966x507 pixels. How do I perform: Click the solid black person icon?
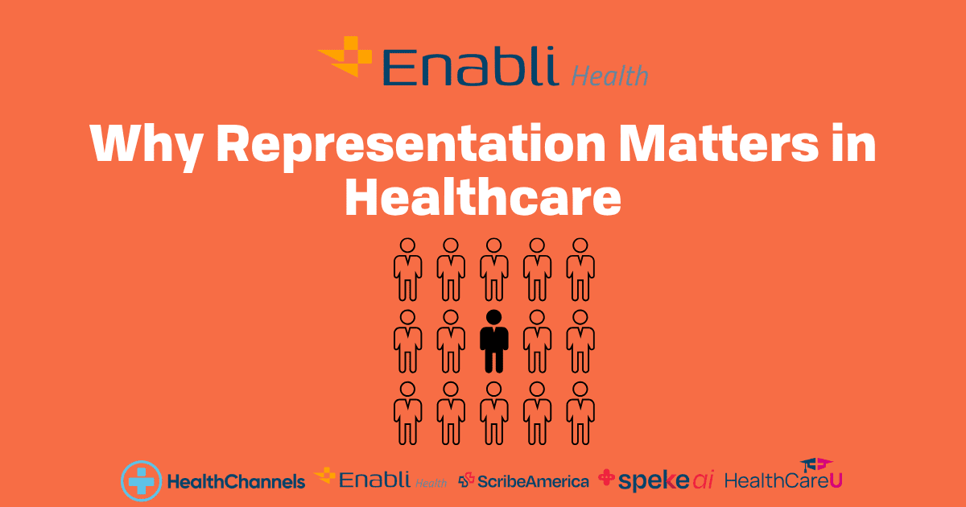point(493,341)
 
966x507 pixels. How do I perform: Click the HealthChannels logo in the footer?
point(213,481)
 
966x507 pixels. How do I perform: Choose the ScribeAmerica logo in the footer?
point(523,481)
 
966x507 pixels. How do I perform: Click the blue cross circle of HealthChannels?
point(141,481)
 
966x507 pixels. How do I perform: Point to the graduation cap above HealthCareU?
point(816,464)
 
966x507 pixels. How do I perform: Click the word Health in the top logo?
point(609,76)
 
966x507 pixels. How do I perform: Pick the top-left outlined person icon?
point(407,270)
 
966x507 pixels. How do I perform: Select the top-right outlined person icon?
point(580,270)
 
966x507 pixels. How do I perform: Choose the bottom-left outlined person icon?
point(407,413)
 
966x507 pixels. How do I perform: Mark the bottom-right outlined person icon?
point(580,413)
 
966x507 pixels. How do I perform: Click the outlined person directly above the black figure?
point(493,270)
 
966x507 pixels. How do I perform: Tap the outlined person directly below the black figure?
point(493,413)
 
